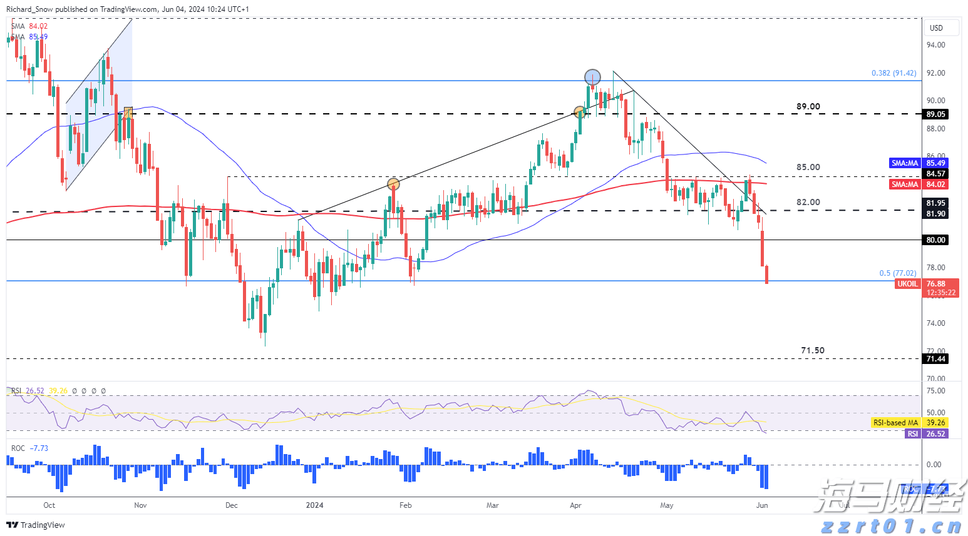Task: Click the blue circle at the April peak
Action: pos(592,78)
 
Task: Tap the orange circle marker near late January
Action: pos(393,184)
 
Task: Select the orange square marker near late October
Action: pos(128,113)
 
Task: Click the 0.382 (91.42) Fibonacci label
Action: pos(893,73)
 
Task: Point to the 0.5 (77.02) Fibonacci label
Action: pos(897,273)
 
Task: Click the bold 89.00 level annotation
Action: pos(808,106)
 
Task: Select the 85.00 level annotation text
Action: pos(808,167)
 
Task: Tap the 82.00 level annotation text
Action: pos(808,202)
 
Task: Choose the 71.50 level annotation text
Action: pos(813,350)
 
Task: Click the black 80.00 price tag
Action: pos(935,240)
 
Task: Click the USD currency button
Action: pos(936,28)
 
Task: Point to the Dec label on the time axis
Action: pos(232,505)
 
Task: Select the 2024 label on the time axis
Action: pos(314,505)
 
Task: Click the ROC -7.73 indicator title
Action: pos(29,448)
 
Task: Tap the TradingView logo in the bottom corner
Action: pos(36,525)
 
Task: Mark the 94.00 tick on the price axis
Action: pos(935,45)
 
